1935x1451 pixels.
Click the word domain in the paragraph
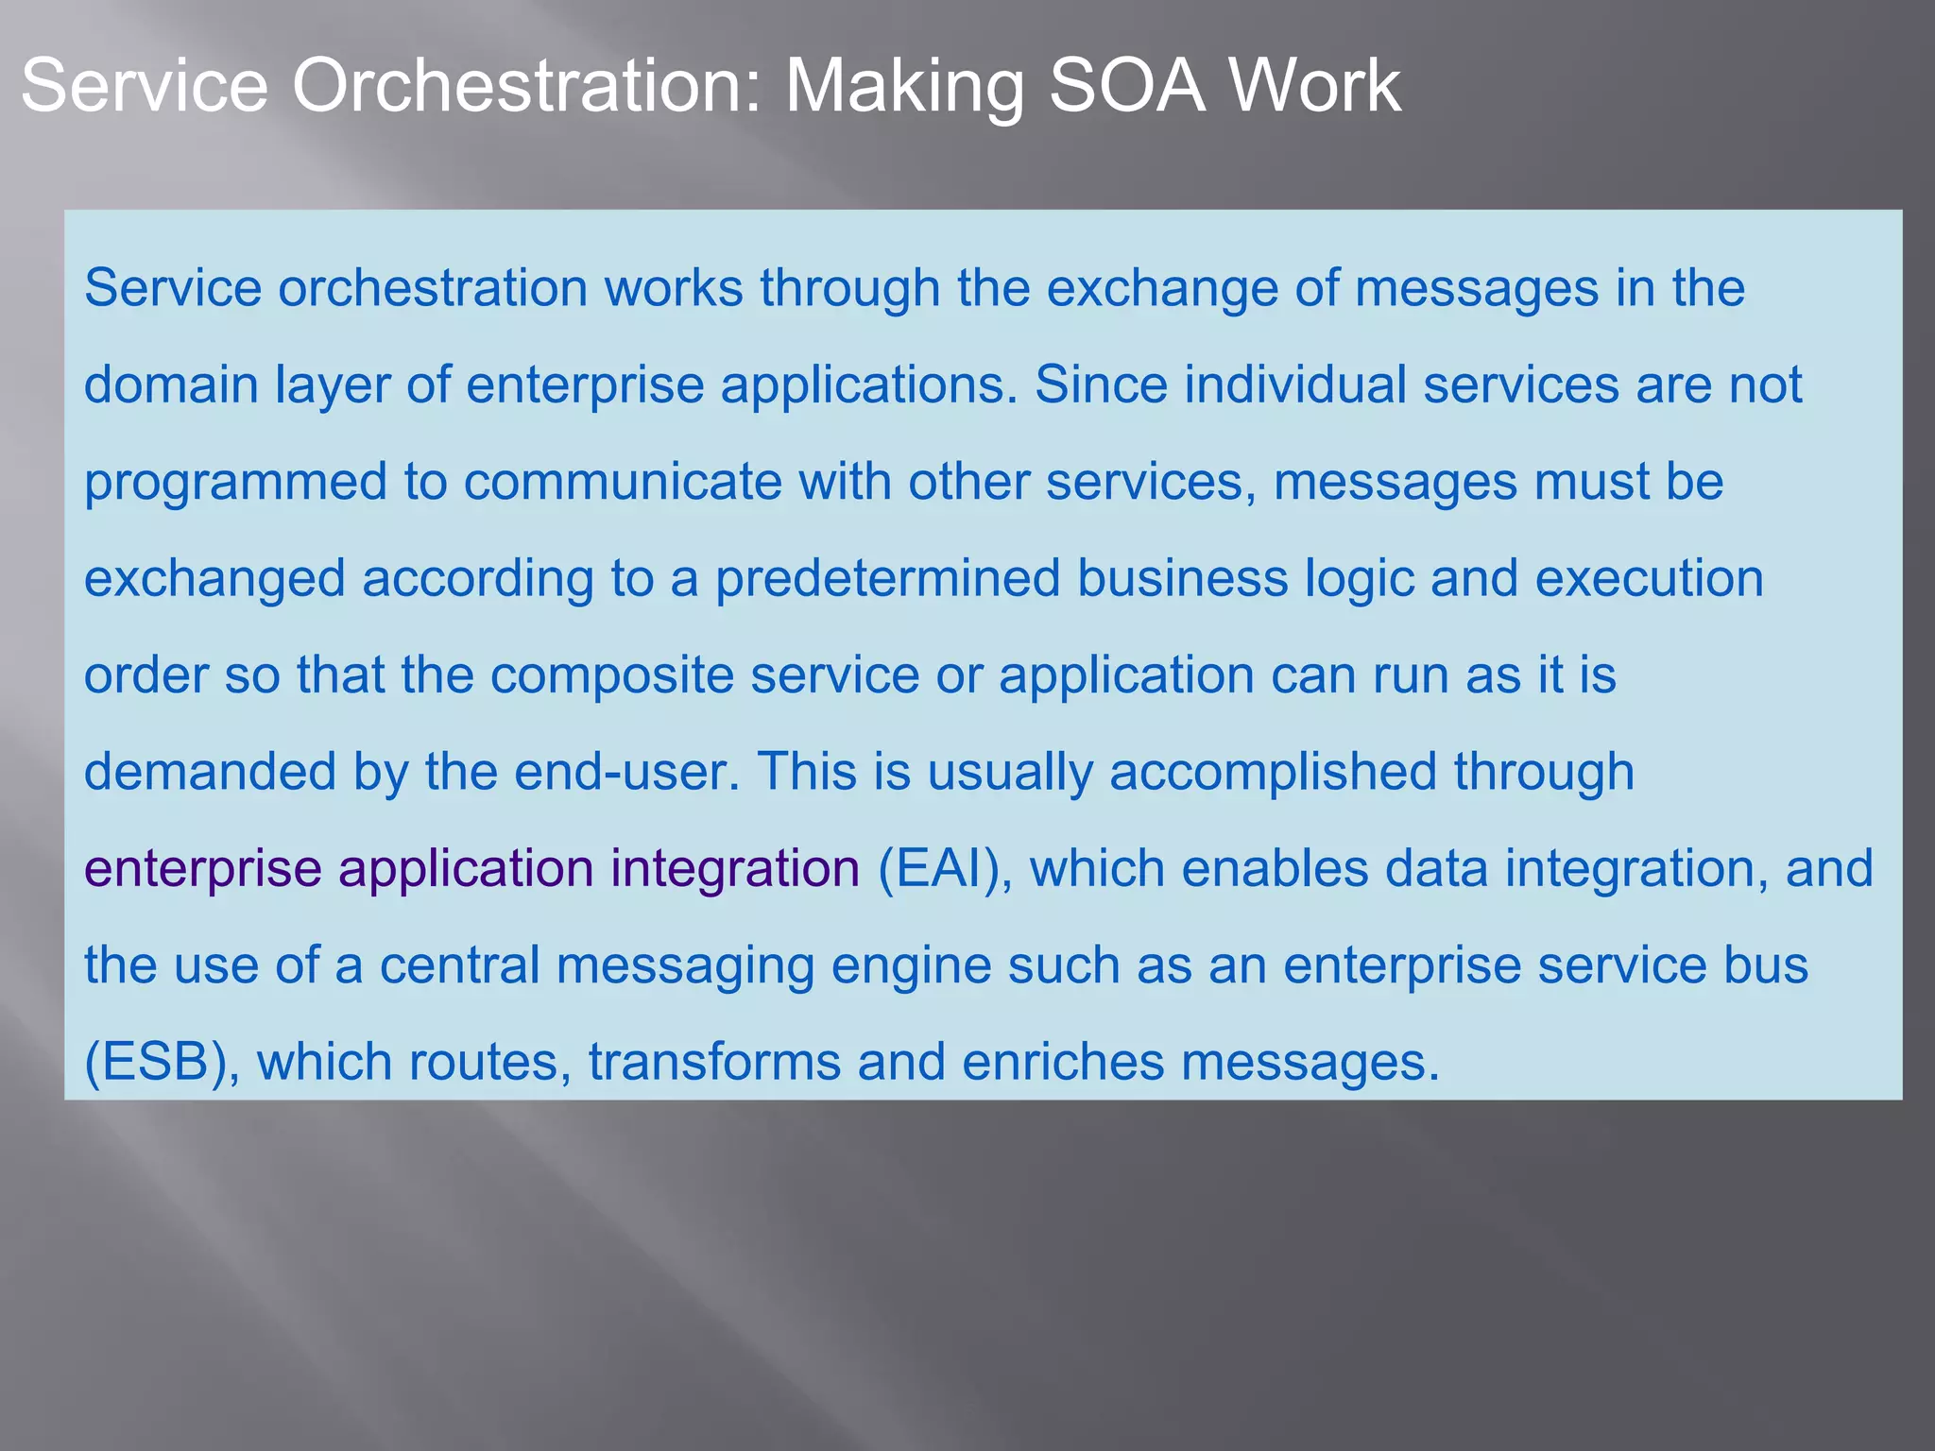click(171, 385)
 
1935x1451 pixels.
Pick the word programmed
click(235, 482)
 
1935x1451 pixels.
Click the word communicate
click(622, 482)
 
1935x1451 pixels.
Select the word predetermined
click(887, 578)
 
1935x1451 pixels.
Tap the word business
click(1182, 578)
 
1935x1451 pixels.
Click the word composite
click(611, 675)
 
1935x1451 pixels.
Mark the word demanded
click(210, 772)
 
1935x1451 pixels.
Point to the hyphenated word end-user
click(626, 772)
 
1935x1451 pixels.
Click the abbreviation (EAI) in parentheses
click(945, 869)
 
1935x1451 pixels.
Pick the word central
click(459, 965)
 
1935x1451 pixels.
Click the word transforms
click(714, 1063)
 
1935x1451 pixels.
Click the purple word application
click(466, 869)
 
